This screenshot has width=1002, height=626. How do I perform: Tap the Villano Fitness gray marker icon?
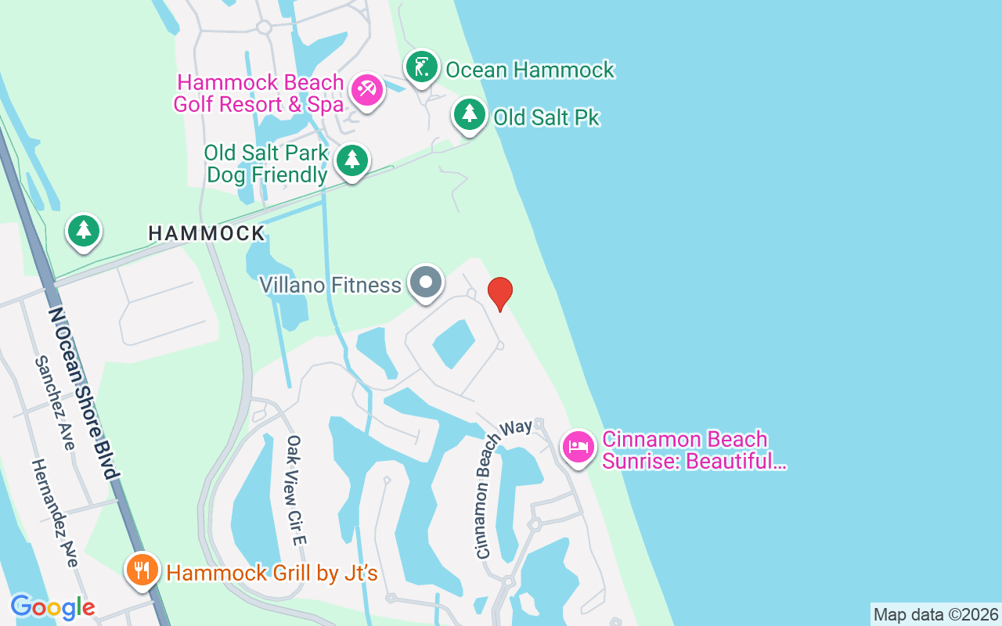pos(426,282)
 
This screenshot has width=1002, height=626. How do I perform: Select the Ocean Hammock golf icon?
pos(422,67)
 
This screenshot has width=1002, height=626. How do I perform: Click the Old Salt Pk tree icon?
pos(470,114)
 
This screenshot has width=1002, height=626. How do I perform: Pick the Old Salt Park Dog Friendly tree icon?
pos(352,160)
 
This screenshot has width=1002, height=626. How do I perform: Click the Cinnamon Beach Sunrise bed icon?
pos(578,448)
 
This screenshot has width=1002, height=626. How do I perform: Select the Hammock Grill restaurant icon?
pos(142,570)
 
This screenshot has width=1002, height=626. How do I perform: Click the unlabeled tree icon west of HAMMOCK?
pos(83,231)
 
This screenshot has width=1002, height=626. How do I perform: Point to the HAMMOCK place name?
pos(207,233)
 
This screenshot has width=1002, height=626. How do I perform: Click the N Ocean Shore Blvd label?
pos(84,393)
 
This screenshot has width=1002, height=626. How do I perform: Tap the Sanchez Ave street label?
pos(55,404)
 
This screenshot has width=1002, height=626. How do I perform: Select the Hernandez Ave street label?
pos(55,513)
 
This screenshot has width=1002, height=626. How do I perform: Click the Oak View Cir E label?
pos(296,491)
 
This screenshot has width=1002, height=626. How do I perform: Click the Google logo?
pos(52,606)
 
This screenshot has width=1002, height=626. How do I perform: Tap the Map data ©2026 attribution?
pos(935,614)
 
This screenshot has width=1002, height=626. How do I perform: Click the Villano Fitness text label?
pos(330,285)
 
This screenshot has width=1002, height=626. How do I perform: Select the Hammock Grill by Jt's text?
pos(272,574)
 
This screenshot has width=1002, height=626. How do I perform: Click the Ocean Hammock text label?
pos(530,70)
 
